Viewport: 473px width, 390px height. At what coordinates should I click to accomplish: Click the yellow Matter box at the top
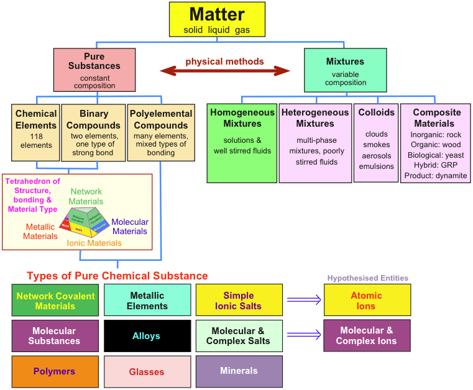[x=217, y=19]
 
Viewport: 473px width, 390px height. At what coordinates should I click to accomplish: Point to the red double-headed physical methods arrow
[x=225, y=71]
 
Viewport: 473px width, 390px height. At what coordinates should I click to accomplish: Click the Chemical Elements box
[x=36, y=132]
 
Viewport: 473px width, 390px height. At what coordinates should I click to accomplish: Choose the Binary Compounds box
[x=94, y=132]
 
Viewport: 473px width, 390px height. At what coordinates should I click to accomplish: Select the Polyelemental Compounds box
[x=161, y=132]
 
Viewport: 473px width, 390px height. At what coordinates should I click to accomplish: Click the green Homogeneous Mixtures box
[x=242, y=143]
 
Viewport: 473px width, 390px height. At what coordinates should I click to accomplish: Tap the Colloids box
[x=376, y=143]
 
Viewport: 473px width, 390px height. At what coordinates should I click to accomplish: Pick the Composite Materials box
[x=435, y=143]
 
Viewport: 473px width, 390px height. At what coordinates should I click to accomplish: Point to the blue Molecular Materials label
[x=130, y=227]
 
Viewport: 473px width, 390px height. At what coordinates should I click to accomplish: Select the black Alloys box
[x=147, y=336]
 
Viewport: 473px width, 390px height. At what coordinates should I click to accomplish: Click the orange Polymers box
[x=55, y=371]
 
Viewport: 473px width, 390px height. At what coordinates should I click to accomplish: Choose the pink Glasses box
[x=147, y=371]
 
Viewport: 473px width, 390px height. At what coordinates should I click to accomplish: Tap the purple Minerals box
[x=239, y=371]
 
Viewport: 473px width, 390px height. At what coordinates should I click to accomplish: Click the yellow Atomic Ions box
[x=367, y=301]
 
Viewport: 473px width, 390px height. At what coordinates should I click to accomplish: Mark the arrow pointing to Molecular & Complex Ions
[x=304, y=336]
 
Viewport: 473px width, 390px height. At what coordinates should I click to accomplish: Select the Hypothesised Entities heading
[x=367, y=278]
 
